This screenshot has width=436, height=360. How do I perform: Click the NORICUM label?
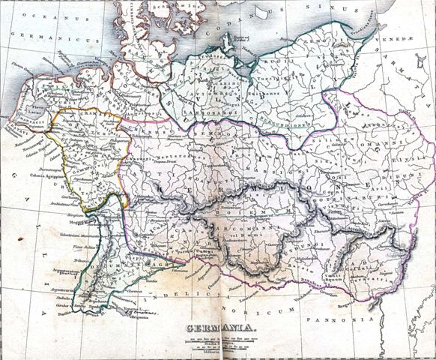click(276, 309)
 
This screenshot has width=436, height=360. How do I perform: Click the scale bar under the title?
click(217, 346)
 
